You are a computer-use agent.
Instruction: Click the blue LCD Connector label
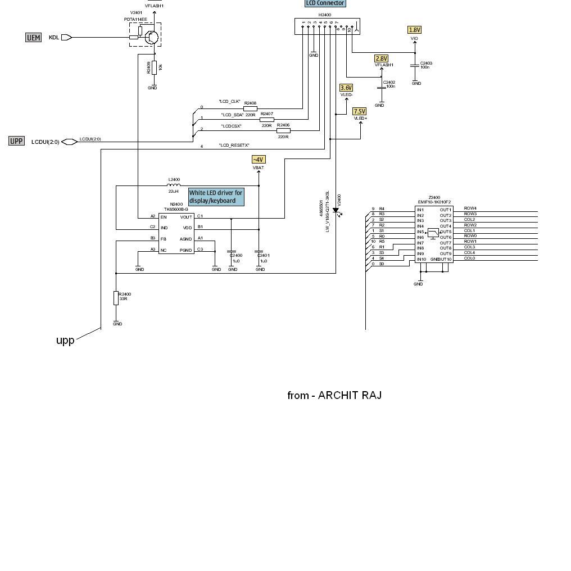click(x=325, y=3)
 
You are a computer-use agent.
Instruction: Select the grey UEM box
click(x=34, y=38)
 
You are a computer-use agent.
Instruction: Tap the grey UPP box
click(x=17, y=141)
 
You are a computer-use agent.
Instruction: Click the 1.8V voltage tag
click(x=414, y=30)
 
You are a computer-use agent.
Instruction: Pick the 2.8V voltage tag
click(x=381, y=58)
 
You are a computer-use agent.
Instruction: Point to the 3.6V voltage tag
click(x=346, y=88)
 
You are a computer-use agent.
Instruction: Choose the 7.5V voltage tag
click(x=359, y=111)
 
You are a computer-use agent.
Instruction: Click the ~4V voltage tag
click(x=258, y=160)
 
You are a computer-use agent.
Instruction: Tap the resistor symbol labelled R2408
click(x=250, y=108)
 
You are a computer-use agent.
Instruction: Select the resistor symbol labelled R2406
click(x=283, y=130)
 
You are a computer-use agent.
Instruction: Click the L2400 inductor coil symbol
click(x=174, y=185)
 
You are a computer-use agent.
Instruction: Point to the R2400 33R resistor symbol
click(x=116, y=298)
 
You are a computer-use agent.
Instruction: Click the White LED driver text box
click(x=216, y=197)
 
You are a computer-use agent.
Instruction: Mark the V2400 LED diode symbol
click(x=336, y=211)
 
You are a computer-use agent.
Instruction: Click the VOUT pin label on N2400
click(x=186, y=217)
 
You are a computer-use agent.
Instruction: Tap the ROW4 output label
click(x=470, y=209)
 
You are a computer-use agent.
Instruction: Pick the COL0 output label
click(x=469, y=259)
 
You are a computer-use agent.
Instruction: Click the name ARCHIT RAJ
click(x=350, y=395)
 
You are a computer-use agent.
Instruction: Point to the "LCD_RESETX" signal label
click(x=234, y=146)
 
